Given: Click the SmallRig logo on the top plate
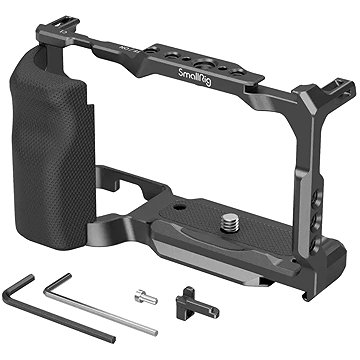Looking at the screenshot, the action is click(195, 78).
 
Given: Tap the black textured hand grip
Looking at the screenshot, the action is click(53, 150).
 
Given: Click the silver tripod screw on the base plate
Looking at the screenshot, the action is click(231, 222).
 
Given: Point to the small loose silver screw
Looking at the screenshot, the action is click(146, 297).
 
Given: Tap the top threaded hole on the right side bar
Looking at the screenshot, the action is click(315, 198).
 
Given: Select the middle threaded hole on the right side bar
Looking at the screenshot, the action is click(315, 221).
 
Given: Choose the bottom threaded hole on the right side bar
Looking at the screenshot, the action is click(315, 244).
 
